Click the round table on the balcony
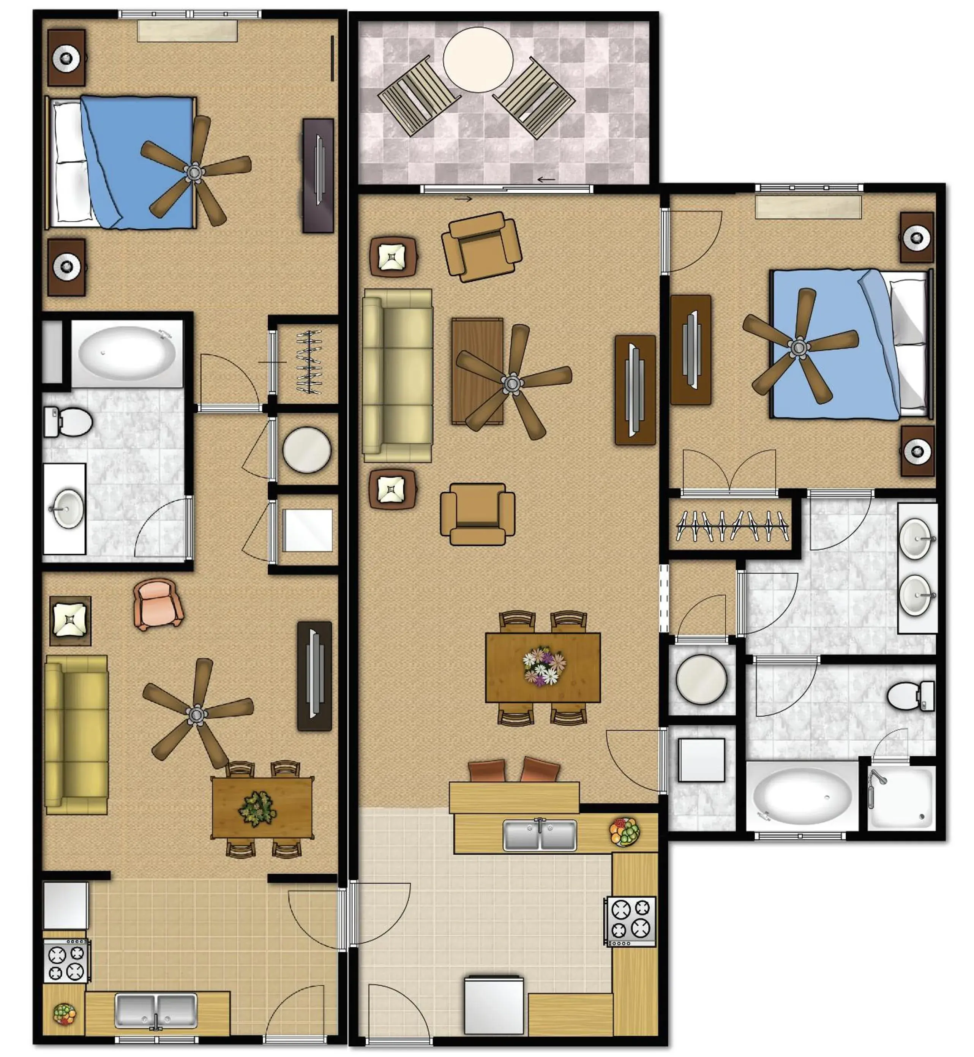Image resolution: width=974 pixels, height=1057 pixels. pyautogui.click(x=478, y=60)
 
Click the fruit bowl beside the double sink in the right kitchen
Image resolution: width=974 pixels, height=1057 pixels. pyautogui.click(x=625, y=832)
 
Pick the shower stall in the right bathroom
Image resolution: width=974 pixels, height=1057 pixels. pyautogui.click(x=901, y=797)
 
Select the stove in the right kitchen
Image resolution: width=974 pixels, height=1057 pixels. pyautogui.click(x=630, y=921)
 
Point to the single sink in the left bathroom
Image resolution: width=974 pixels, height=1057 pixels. pyautogui.click(x=68, y=508)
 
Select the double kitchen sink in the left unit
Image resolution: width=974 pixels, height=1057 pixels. pyautogui.click(x=156, y=1011)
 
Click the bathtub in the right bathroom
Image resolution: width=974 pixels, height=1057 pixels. pyautogui.click(x=801, y=796)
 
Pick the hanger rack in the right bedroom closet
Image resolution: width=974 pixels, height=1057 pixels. pyautogui.click(x=732, y=525)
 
